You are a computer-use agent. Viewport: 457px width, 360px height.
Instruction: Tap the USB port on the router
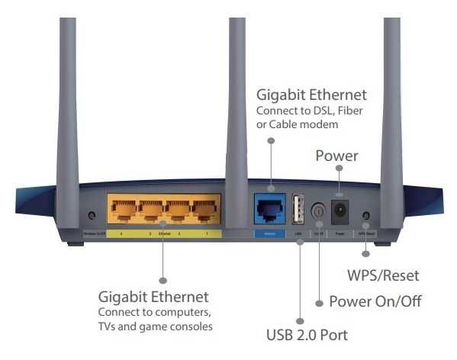click(x=298, y=207)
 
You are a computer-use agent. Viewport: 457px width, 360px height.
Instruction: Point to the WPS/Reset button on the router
click(x=367, y=216)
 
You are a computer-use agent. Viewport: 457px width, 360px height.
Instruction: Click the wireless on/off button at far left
click(x=92, y=216)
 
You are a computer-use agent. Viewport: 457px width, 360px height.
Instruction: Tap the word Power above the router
click(x=336, y=156)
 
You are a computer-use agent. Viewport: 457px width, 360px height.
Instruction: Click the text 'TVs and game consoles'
click(x=156, y=326)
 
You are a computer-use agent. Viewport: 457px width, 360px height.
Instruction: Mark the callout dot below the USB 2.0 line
click(x=300, y=323)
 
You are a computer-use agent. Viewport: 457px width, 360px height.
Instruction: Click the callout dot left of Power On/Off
click(x=319, y=301)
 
